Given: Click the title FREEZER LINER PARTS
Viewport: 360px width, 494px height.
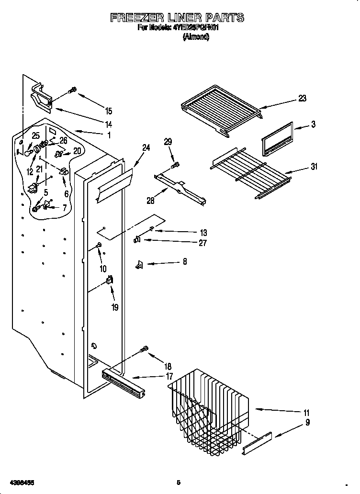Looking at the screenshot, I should click(x=177, y=18).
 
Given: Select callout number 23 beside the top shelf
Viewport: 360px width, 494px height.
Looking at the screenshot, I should click(x=302, y=99).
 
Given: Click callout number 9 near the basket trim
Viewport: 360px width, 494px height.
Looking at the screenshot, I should click(x=307, y=423).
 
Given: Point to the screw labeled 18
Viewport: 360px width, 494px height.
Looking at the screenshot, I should click(x=144, y=351).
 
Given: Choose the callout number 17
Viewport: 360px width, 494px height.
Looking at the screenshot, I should click(x=169, y=377).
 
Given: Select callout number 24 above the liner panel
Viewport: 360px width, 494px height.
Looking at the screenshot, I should click(x=146, y=148).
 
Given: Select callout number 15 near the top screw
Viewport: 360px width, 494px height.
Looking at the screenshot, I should click(x=108, y=111).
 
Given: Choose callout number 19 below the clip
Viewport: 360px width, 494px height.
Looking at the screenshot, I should click(x=114, y=308).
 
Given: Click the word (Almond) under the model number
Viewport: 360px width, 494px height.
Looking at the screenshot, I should click(x=195, y=37).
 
